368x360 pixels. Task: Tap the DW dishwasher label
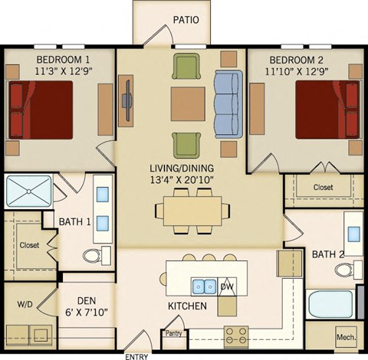226,286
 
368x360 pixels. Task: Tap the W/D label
25,304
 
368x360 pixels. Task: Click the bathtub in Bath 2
330,304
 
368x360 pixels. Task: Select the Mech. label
346,337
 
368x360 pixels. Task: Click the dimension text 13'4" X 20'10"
182,179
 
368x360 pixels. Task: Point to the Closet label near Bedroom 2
322,188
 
